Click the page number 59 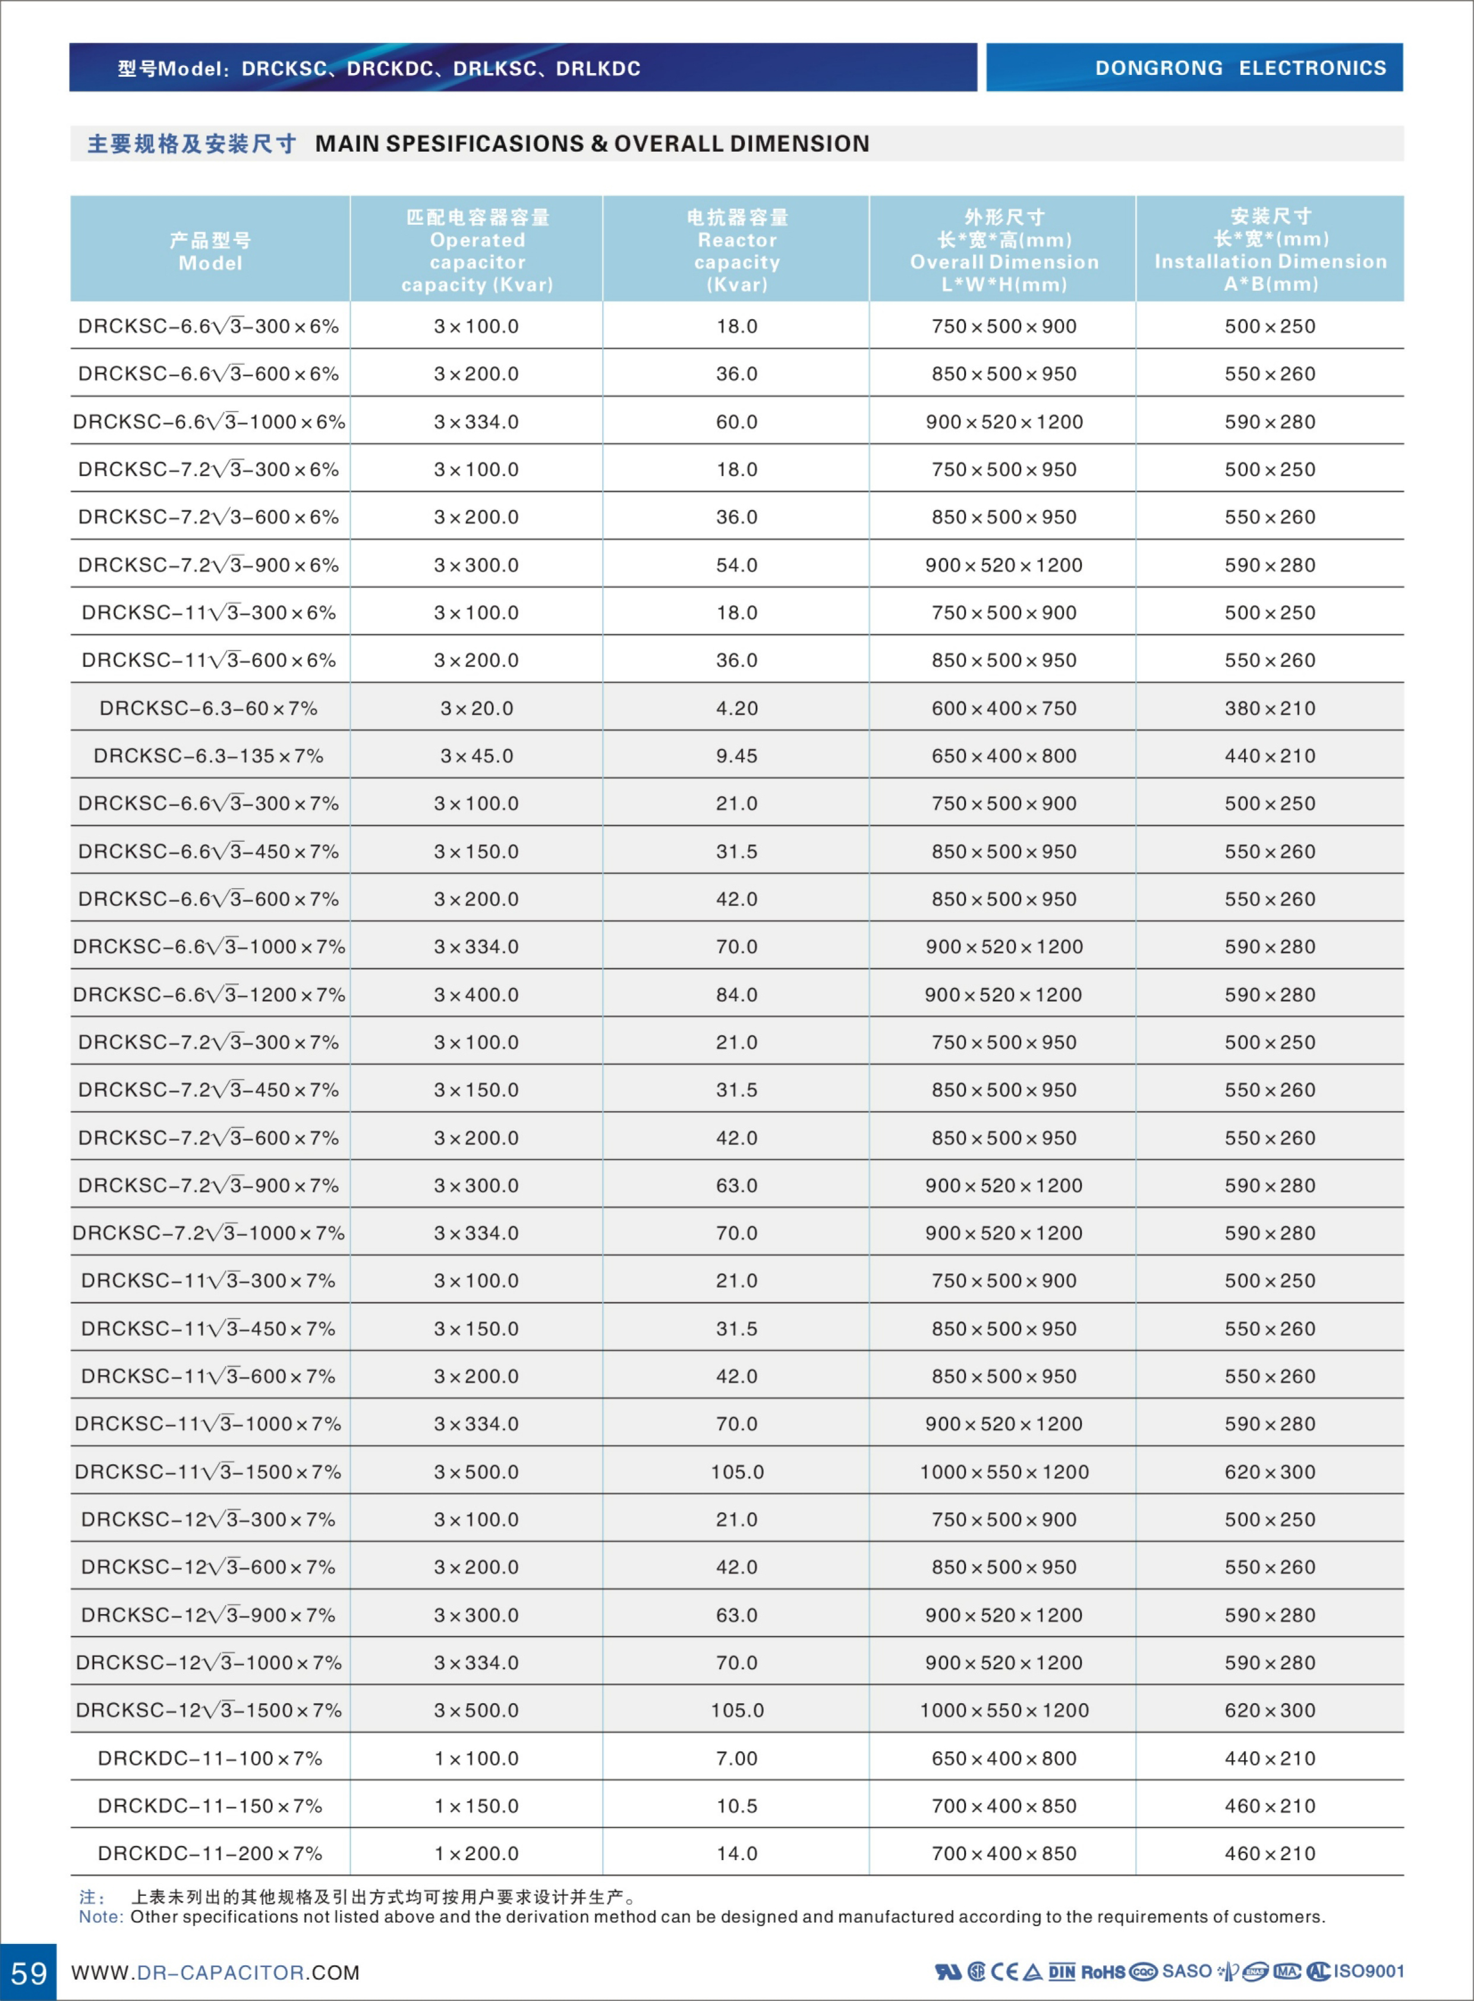click(x=29, y=1971)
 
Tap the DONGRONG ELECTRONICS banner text click(x=1240, y=68)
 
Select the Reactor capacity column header click(x=737, y=251)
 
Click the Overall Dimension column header click(x=1004, y=251)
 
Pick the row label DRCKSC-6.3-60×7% click(x=209, y=708)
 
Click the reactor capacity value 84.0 click(x=737, y=994)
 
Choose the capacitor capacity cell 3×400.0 click(x=477, y=994)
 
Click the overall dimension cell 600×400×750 click(x=1004, y=708)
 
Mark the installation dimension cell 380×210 click(x=1270, y=708)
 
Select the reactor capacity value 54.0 click(x=737, y=565)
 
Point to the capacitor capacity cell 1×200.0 click(x=477, y=1854)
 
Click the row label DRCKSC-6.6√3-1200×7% click(x=209, y=994)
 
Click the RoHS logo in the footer click(x=1103, y=1971)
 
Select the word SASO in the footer click(x=1187, y=1971)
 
